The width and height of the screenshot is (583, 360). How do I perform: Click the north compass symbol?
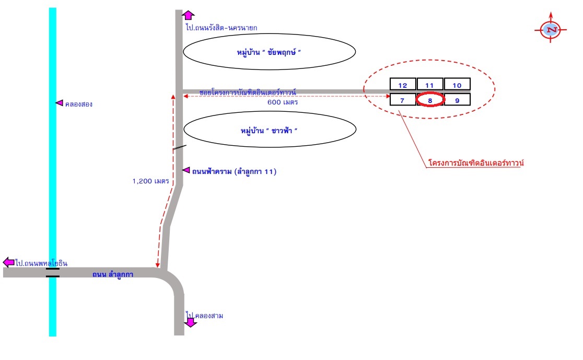(551, 29)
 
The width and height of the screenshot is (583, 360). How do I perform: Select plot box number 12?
(403, 84)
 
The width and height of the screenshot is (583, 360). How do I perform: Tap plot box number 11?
(430, 84)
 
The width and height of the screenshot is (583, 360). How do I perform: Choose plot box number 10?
(457, 84)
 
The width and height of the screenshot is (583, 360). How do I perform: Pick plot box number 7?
(403, 100)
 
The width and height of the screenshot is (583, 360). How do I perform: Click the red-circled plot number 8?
(430, 100)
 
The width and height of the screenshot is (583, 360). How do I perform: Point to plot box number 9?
(457, 100)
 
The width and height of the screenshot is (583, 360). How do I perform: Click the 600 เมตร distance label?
(283, 102)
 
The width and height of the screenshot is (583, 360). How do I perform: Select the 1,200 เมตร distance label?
(150, 181)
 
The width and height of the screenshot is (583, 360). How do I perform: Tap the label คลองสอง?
(78, 104)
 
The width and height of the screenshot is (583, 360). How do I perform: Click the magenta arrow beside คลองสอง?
(59, 102)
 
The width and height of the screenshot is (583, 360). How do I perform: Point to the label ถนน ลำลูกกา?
(113, 274)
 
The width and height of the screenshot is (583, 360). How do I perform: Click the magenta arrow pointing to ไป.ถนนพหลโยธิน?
(8, 262)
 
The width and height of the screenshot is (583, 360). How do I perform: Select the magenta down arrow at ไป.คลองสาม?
(190, 321)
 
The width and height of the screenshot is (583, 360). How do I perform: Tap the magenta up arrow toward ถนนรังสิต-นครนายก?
(188, 15)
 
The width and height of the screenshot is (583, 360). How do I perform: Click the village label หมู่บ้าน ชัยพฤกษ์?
(269, 52)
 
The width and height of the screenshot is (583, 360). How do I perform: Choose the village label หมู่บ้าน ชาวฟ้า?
(269, 131)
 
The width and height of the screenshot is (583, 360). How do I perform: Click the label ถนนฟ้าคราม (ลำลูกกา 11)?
(234, 171)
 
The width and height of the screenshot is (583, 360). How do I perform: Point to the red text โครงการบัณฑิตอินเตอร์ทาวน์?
(476, 162)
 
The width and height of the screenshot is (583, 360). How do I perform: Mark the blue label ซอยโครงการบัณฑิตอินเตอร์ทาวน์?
(248, 92)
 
